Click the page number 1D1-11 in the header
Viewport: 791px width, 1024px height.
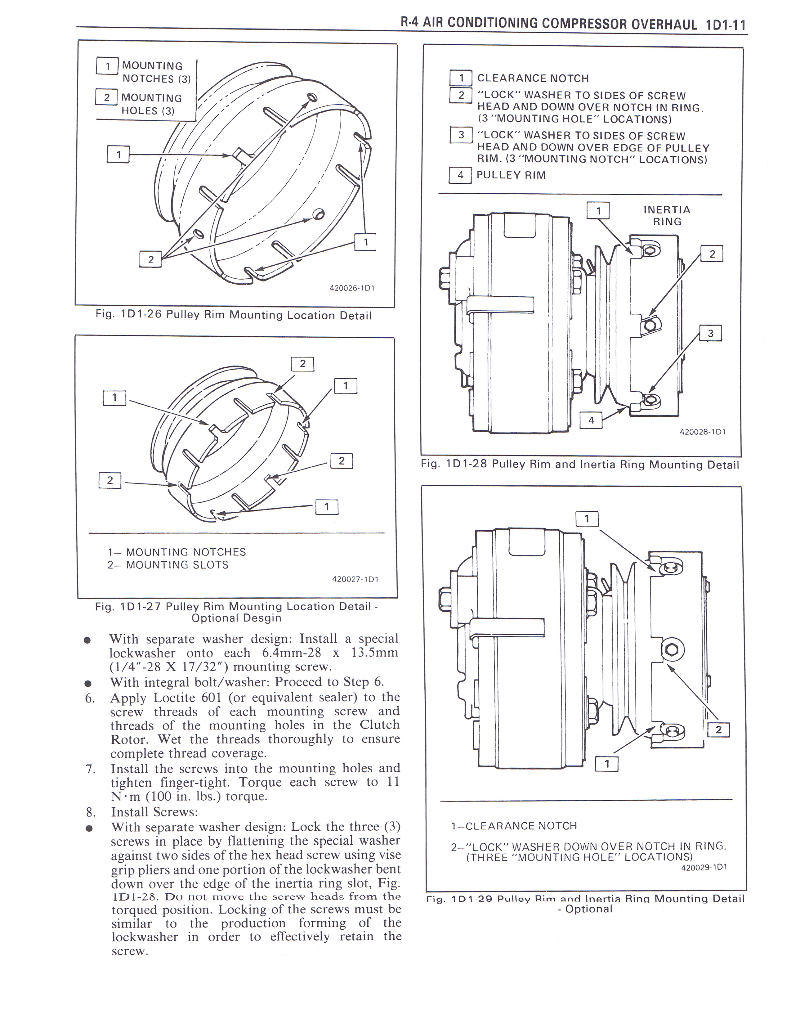(724, 25)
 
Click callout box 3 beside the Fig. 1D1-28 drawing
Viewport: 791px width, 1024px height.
(710, 333)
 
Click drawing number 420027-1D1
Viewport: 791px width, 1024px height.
(355, 579)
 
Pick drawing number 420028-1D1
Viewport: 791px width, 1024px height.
(702, 432)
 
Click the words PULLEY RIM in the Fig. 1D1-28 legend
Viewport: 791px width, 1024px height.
(511, 175)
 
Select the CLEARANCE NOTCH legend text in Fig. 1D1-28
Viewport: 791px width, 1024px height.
(533, 78)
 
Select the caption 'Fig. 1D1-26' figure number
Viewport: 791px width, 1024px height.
(128, 314)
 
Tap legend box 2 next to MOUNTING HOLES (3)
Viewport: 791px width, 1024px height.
(106, 97)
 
